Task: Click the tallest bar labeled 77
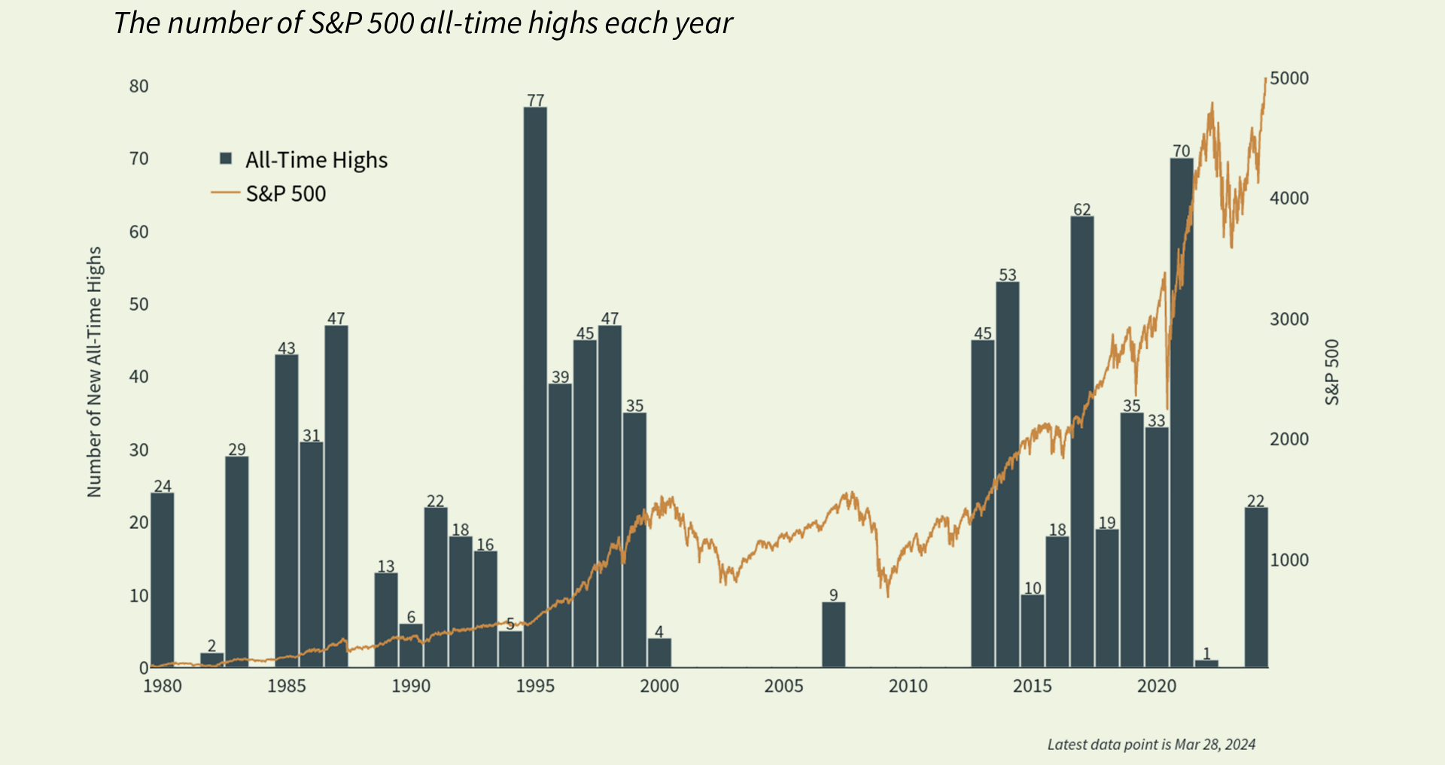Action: click(x=535, y=387)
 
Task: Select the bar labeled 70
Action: click(x=1182, y=414)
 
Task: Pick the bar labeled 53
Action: click(x=1008, y=474)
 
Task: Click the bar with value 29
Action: click(x=237, y=562)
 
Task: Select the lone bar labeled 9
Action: click(x=833, y=635)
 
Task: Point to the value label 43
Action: click(x=287, y=348)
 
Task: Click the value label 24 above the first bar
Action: click(x=163, y=486)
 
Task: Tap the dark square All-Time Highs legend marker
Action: click(x=226, y=159)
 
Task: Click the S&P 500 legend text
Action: click(x=286, y=194)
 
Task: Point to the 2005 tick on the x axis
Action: click(x=783, y=686)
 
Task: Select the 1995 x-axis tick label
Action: click(x=535, y=686)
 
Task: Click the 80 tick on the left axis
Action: click(x=139, y=87)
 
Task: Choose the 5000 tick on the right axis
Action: click(x=1289, y=78)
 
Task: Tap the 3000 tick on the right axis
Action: click(x=1289, y=319)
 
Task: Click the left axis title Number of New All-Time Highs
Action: click(x=94, y=372)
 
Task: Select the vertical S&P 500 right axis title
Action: click(x=1332, y=372)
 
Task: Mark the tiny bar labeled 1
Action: click(x=1206, y=663)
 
